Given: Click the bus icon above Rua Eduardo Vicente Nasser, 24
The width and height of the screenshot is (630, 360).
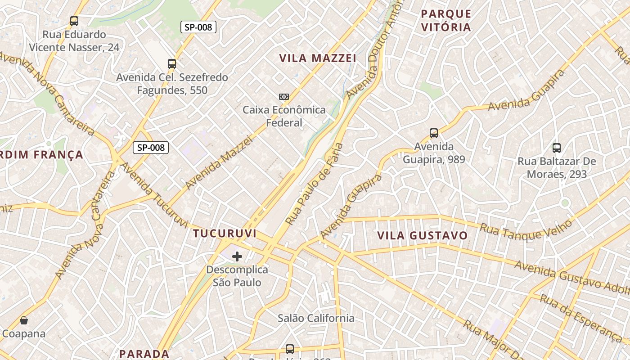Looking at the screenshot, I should (74, 21).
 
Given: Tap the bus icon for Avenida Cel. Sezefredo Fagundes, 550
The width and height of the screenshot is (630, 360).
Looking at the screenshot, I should (171, 64).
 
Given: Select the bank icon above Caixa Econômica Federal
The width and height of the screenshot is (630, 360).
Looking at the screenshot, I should (283, 97).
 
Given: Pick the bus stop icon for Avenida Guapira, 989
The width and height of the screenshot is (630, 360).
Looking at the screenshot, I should (434, 133).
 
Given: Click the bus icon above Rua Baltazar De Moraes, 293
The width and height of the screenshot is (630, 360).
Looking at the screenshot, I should (557, 148).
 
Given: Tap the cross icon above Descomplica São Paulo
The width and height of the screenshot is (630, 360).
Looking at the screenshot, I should (237, 256).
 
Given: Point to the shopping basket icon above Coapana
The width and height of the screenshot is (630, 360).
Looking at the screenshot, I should (24, 320).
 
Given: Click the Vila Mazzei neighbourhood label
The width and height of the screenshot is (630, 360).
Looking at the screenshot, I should (318, 58).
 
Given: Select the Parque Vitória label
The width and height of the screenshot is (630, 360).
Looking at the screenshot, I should (446, 20).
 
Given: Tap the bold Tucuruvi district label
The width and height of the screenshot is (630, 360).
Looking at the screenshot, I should (225, 234).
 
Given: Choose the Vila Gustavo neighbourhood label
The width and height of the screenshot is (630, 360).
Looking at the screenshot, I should (423, 236).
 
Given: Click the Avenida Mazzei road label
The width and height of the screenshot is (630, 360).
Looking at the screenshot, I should (219, 163).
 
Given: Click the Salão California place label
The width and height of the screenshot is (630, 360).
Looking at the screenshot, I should (316, 318).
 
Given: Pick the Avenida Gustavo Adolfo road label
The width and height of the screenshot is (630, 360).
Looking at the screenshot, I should (571, 276).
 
